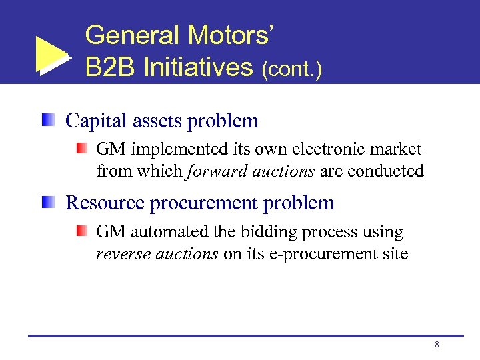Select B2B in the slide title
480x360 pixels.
click(x=109, y=67)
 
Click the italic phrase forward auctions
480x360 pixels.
click(x=251, y=171)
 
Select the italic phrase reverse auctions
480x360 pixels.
click(x=157, y=254)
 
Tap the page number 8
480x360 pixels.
click(x=436, y=345)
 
